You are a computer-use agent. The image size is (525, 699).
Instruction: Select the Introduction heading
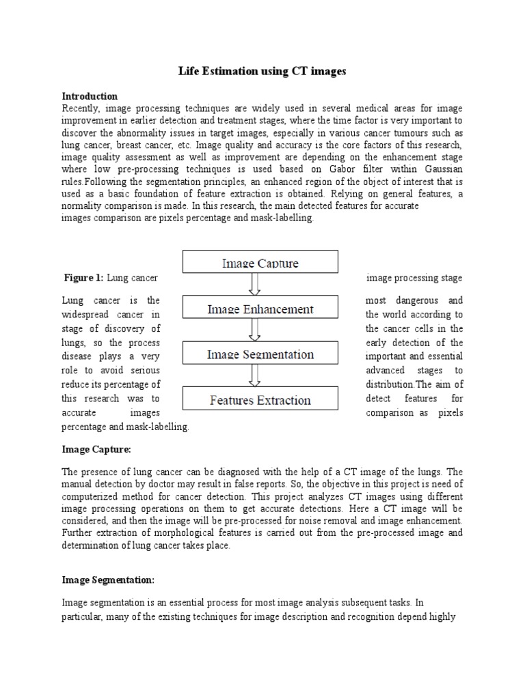click(x=90, y=96)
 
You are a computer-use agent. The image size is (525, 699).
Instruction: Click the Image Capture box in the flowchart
click(x=260, y=262)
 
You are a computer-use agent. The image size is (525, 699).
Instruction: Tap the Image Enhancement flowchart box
click(x=260, y=309)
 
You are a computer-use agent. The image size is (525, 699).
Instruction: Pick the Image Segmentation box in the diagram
click(x=260, y=355)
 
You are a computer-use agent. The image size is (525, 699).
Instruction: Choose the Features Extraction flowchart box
click(x=260, y=401)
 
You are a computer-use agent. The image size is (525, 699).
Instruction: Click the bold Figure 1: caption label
click(x=84, y=278)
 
